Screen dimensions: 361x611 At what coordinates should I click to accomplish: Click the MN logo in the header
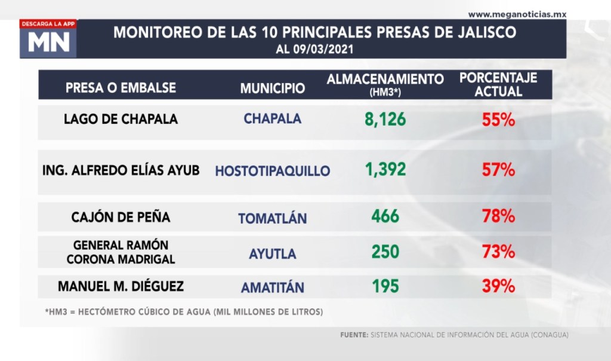click(48, 42)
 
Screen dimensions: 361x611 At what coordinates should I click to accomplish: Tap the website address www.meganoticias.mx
click(517, 14)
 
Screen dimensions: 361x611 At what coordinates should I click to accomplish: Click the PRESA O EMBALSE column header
click(121, 88)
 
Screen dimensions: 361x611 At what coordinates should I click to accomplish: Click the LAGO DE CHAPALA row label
click(121, 119)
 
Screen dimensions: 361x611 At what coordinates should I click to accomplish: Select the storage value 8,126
click(385, 120)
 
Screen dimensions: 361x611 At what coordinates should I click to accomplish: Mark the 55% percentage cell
click(498, 120)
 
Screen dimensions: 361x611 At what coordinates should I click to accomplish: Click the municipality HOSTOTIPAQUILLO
click(273, 171)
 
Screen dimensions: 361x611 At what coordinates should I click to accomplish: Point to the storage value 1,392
click(385, 170)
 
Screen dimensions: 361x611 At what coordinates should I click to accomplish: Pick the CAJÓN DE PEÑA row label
click(121, 217)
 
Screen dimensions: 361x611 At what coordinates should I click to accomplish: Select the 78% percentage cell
click(498, 216)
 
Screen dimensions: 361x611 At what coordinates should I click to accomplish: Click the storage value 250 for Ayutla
click(385, 252)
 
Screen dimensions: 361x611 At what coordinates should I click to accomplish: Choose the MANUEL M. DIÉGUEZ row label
click(121, 286)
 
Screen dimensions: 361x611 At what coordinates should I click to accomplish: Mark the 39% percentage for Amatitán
click(498, 286)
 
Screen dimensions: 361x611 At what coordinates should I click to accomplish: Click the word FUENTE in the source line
click(354, 336)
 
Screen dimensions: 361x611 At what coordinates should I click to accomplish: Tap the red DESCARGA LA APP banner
click(48, 24)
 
